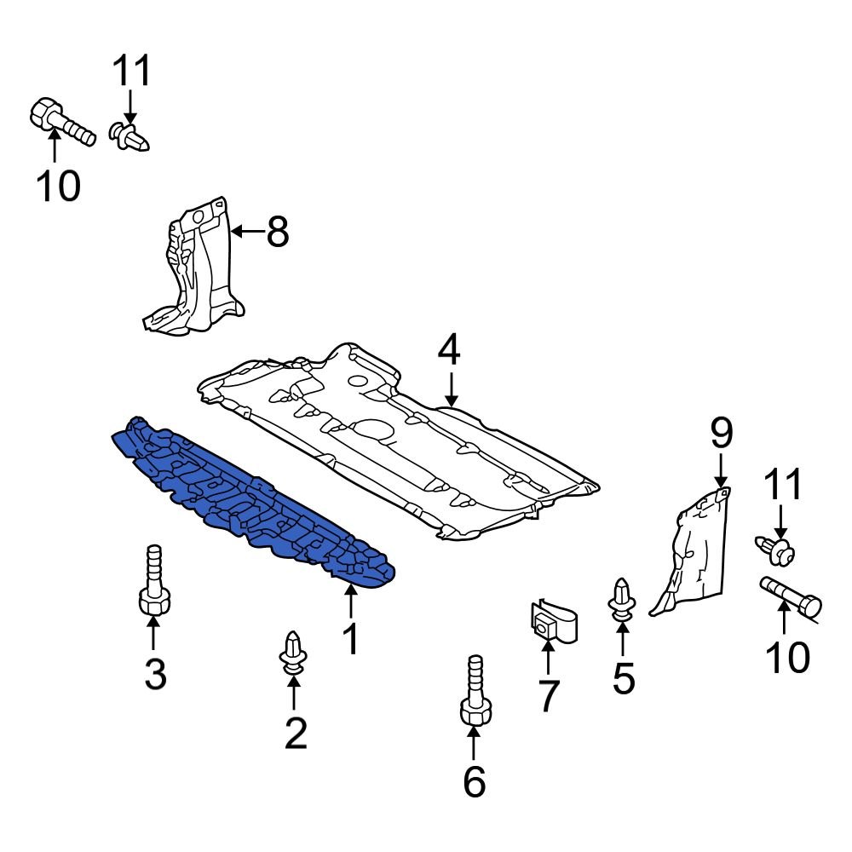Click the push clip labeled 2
coord(294,656)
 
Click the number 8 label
coord(277,231)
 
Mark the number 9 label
coord(721,434)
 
